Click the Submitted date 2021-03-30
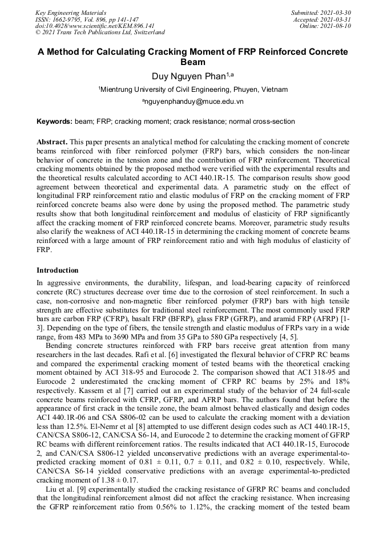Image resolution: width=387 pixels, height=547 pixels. [x=336, y=12]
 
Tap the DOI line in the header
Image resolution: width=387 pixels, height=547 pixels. [x=95, y=26]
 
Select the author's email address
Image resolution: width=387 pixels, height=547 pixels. [x=193, y=102]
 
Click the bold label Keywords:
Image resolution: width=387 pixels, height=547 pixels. [x=54, y=121]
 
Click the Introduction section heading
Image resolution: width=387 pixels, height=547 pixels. [x=58, y=270]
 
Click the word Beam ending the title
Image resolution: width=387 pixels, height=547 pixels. [x=193, y=62]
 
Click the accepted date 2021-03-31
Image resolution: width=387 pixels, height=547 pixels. [x=336, y=19]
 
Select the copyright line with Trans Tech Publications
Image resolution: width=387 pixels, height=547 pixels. [x=100, y=33]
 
